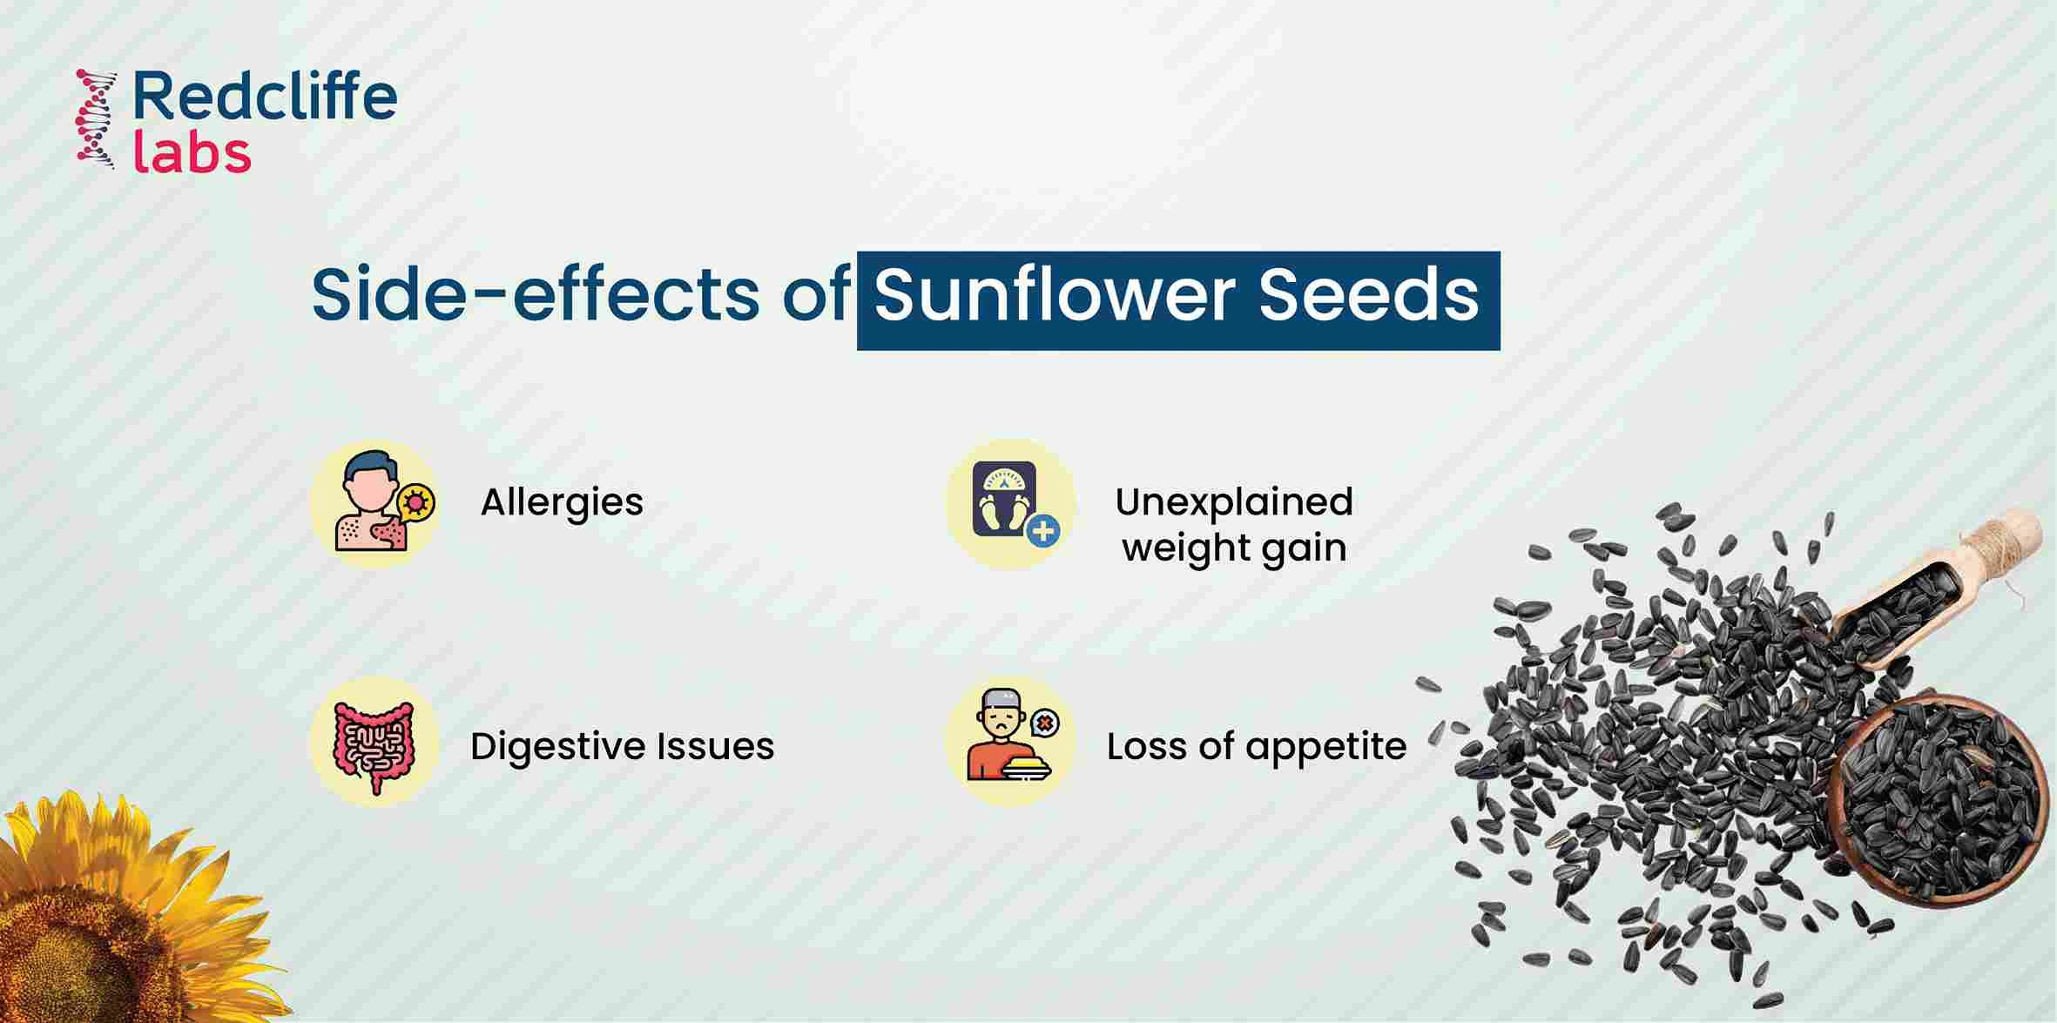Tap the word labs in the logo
(x=192, y=151)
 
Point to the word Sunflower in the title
(x=1054, y=294)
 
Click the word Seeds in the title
(x=1368, y=294)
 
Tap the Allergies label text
(x=562, y=502)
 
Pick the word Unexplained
(x=1234, y=501)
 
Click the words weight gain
(x=1234, y=549)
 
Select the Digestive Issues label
(x=622, y=746)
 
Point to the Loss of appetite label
(x=1256, y=746)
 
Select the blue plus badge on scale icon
(x=1043, y=530)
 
